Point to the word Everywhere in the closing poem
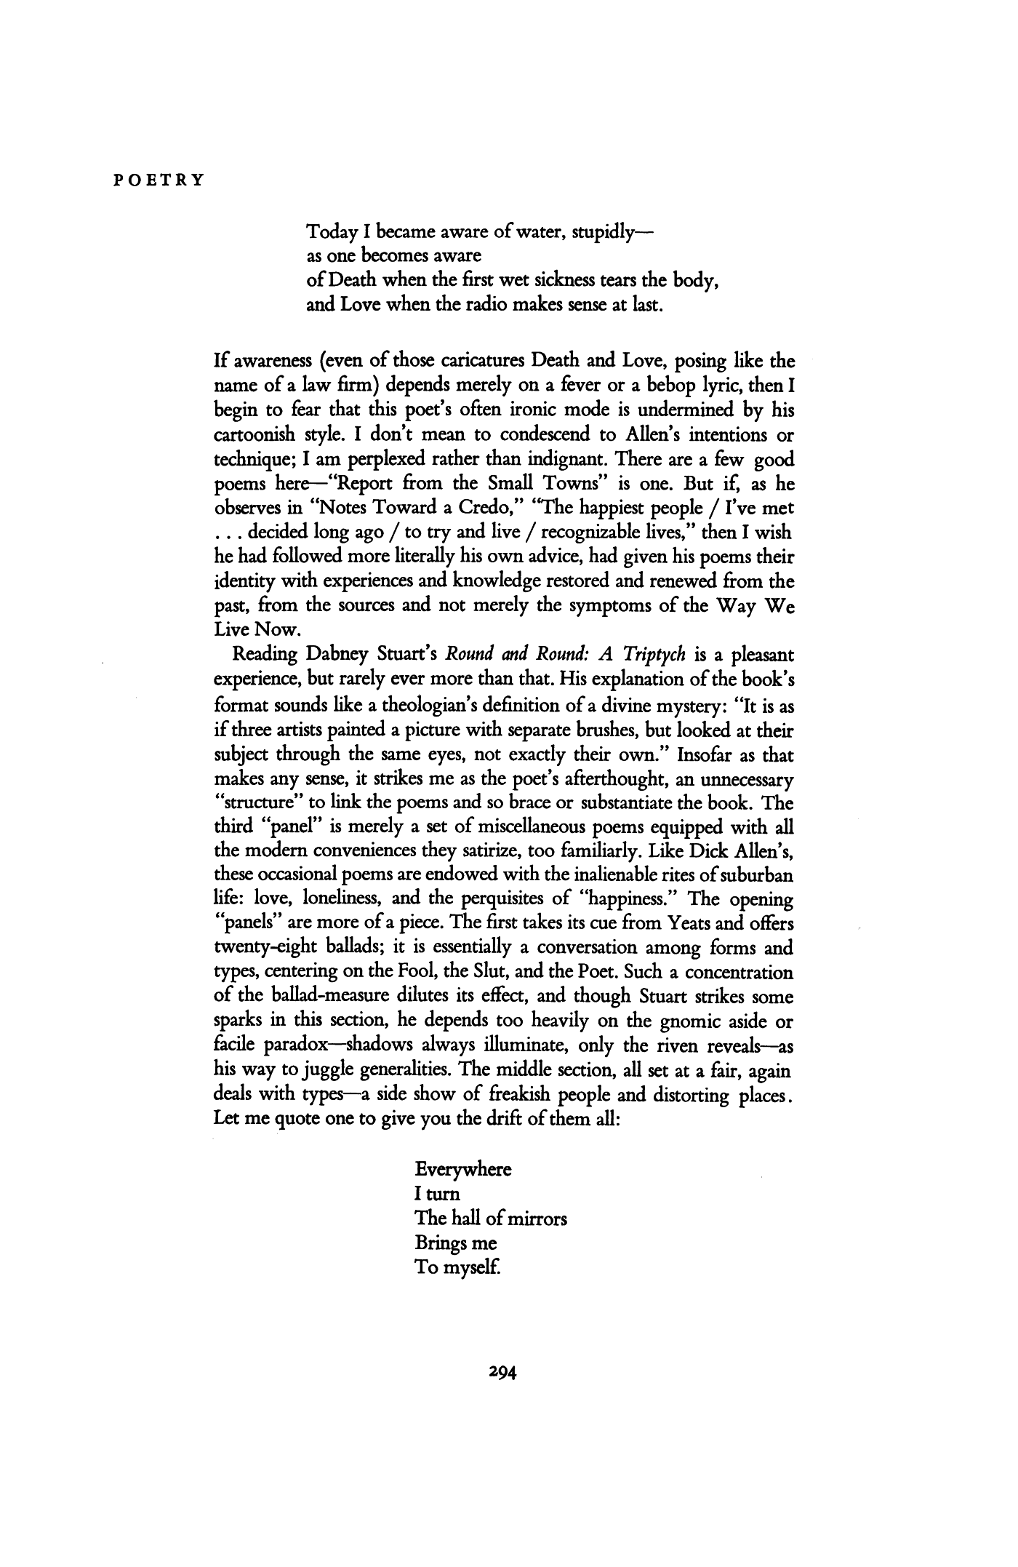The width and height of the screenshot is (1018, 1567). tap(463, 1171)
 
